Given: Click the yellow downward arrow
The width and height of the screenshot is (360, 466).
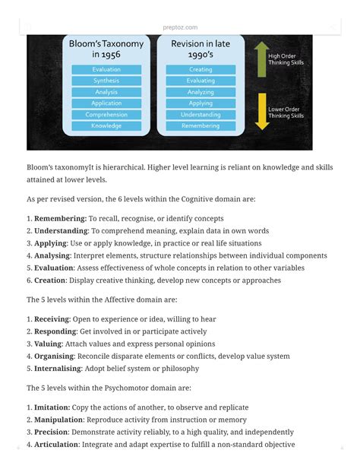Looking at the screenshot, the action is (x=261, y=111).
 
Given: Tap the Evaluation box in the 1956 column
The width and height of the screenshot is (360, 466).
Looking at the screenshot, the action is (x=106, y=70).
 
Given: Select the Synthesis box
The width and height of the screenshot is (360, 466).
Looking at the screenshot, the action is (x=106, y=81).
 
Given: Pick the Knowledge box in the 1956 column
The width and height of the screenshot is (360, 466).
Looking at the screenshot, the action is (x=106, y=125).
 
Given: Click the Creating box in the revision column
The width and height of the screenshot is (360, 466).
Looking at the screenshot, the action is (x=201, y=70).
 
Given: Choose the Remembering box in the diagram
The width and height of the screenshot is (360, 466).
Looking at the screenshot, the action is (x=201, y=125).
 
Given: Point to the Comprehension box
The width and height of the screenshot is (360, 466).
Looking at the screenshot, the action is (x=106, y=115).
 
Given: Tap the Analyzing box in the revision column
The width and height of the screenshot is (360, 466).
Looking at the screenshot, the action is (x=201, y=92).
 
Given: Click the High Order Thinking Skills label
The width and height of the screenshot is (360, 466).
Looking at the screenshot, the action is (x=286, y=59).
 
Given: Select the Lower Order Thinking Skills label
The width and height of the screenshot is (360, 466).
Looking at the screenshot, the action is (x=286, y=113).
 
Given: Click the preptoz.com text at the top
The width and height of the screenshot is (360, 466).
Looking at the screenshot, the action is (x=180, y=27).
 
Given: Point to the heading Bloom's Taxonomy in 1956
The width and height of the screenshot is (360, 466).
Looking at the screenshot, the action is (x=106, y=49).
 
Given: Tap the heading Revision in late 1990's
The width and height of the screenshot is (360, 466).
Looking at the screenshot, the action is (x=201, y=49).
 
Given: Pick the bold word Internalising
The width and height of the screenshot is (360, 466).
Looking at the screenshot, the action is (x=59, y=369).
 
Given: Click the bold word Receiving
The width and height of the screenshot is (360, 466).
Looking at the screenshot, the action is (x=54, y=319).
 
